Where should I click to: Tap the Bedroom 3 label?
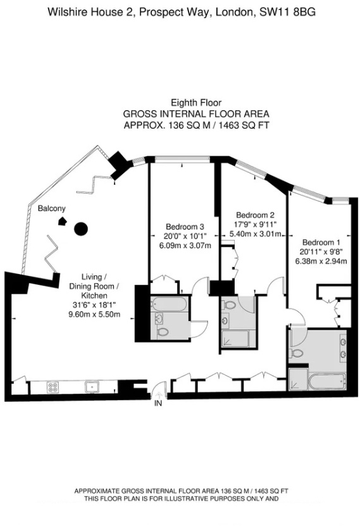pyautogui.click(x=185, y=227)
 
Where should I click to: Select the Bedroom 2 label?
pyautogui.click(x=254, y=215)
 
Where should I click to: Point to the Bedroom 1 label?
pyautogui.click(x=321, y=242)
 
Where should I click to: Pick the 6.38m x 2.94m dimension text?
pyautogui.click(x=321, y=260)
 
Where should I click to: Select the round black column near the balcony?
pyautogui.click(x=80, y=229)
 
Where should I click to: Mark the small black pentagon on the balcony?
pyautogui.click(x=63, y=221)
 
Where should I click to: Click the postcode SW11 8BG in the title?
pyautogui.click(x=287, y=11)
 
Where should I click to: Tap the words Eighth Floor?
pyautogui.click(x=196, y=103)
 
